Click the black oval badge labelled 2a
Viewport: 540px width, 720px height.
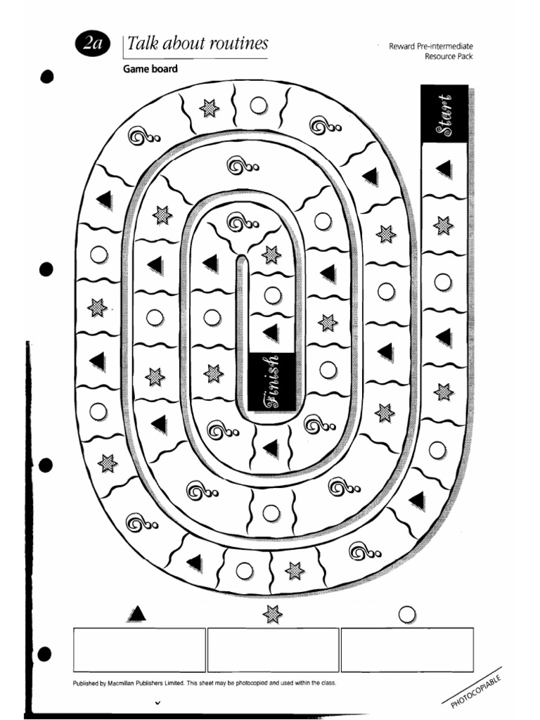tap(92, 44)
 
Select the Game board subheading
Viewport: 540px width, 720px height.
tap(150, 69)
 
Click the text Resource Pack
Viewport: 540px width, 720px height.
tap(449, 56)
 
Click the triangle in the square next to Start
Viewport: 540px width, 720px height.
tap(444, 169)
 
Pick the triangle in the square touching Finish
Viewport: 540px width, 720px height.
tap(271, 333)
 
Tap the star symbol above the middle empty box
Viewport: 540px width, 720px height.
tap(272, 614)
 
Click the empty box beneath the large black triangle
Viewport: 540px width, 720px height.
tap(139, 650)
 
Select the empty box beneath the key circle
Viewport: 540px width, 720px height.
tap(407, 650)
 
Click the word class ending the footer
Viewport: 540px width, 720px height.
tap(328, 683)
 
